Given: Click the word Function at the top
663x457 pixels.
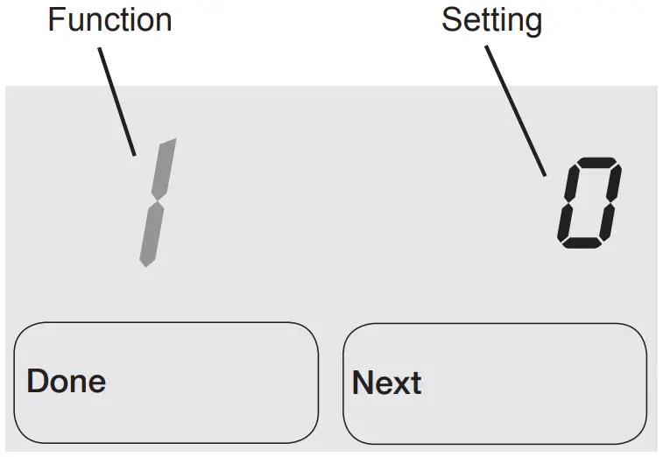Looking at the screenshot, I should point(109,19).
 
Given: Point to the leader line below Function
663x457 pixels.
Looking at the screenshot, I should point(116,101).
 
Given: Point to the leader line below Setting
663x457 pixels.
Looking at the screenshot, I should point(516,109).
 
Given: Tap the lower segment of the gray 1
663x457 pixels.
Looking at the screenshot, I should point(151,234).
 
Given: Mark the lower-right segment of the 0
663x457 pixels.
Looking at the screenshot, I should point(608,222).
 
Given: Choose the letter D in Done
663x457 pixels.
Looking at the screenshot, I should point(37,381).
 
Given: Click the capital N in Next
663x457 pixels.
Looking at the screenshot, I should point(363,383).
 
